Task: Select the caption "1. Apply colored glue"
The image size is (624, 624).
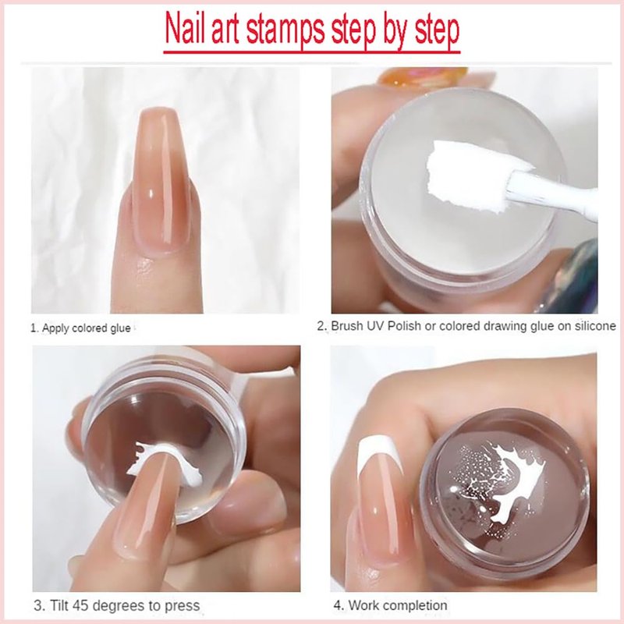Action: (x=81, y=328)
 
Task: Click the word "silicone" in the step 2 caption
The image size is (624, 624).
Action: (x=595, y=326)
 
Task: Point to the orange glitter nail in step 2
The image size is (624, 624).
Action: (x=423, y=76)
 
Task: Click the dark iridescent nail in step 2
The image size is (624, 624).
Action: (x=573, y=278)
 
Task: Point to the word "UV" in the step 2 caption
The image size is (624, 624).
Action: (x=375, y=326)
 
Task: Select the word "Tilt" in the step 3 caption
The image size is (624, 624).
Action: (x=58, y=605)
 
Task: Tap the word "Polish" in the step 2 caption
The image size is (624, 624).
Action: (x=404, y=326)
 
